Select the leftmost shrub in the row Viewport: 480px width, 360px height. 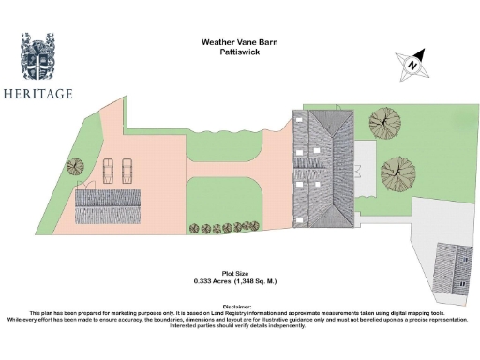click(x=193, y=228)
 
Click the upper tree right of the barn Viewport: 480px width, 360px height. click(x=384, y=121)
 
